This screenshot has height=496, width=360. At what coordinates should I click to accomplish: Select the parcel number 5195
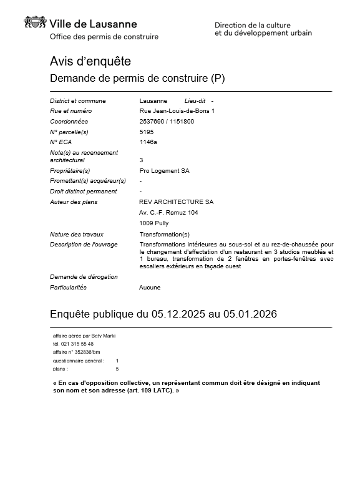146,132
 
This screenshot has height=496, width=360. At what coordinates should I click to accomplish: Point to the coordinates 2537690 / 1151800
167,122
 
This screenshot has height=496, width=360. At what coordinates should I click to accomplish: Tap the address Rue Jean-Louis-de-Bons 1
177,111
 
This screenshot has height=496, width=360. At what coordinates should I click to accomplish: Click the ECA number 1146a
148,142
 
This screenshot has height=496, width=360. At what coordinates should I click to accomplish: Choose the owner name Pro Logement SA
164,171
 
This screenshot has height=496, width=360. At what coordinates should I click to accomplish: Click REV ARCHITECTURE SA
176,202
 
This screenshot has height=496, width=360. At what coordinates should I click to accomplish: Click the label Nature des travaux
77,234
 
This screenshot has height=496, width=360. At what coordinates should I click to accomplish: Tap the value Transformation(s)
164,234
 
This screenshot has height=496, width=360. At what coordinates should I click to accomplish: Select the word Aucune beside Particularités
150,288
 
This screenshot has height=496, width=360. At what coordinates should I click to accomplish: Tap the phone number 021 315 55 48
78,344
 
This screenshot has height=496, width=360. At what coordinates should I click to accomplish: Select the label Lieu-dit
195,101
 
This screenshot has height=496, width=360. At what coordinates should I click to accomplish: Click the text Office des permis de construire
104,37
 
